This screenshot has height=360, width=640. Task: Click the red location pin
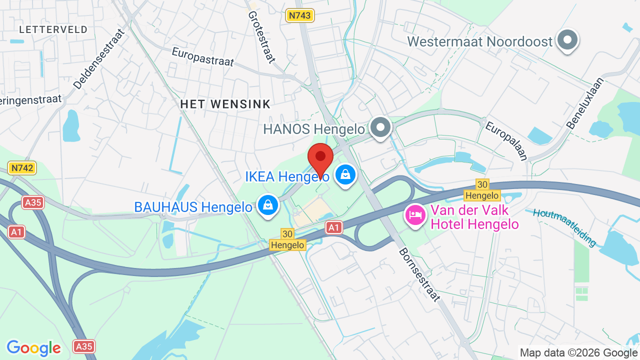point(320,158)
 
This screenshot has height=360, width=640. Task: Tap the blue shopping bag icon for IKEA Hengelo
point(345,175)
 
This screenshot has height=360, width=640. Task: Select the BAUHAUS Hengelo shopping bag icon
point(268,205)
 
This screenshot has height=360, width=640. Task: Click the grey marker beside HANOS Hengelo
point(381,127)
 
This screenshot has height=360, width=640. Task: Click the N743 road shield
point(299,15)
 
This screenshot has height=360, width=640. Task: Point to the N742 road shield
point(22,168)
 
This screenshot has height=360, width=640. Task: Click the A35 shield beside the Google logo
point(83,346)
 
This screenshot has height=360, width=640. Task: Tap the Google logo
point(33,348)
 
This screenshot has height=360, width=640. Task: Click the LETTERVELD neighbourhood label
point(53,30)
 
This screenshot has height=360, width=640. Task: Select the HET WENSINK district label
point(225,104)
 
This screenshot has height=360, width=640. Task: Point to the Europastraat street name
point(202,56)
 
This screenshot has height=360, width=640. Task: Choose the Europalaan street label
point(506,140)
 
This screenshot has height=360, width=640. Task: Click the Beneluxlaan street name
point(585,103)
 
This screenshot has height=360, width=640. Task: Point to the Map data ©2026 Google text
point(579,352)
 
